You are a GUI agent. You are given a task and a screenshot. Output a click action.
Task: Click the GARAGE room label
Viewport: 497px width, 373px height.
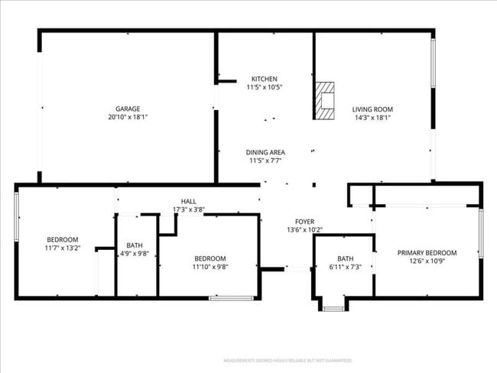click(x=128, y=109)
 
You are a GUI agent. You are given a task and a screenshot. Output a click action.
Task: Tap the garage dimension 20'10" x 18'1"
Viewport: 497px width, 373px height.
click(x=128, y=118)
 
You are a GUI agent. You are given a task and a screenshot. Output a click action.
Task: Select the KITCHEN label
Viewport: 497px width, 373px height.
click(x=264, y=79)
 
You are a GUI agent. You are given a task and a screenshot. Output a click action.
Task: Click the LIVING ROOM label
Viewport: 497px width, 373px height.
click(x=372, y=109)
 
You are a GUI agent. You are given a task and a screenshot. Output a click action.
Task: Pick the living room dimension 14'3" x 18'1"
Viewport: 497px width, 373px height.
click(x=372, y=118)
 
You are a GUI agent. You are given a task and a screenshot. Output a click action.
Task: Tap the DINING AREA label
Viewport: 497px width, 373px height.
click(x=265, y=152)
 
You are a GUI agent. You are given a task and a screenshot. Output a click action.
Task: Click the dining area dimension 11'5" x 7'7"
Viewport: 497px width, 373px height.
click(x=265, y=161)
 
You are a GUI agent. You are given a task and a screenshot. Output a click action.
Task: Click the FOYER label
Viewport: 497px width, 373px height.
click(x=305, y=221)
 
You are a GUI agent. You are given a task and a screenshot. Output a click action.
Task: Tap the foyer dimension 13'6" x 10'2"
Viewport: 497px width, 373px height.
click(x=305, y=229)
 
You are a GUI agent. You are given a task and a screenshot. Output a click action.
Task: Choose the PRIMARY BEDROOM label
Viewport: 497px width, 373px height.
click(x=427, y=253)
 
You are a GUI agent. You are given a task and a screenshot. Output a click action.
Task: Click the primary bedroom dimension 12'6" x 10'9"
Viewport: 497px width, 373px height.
click(x=427, y=262)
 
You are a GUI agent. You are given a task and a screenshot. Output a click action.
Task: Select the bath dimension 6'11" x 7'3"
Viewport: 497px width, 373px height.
click(x=346, y=267)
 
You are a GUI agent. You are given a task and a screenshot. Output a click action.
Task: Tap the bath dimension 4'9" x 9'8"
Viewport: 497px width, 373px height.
click(x=135, y=255)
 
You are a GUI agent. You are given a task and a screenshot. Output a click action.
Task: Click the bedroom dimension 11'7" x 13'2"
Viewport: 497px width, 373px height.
click(x=62, y=248)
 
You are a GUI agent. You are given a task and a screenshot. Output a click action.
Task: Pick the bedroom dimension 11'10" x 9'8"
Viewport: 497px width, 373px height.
click(x=210, y=267)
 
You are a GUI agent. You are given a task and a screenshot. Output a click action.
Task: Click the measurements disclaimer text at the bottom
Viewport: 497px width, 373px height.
click(x=287, y=360)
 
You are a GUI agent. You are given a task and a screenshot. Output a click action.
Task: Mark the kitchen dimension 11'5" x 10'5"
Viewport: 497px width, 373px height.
click(x=264, y=88)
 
